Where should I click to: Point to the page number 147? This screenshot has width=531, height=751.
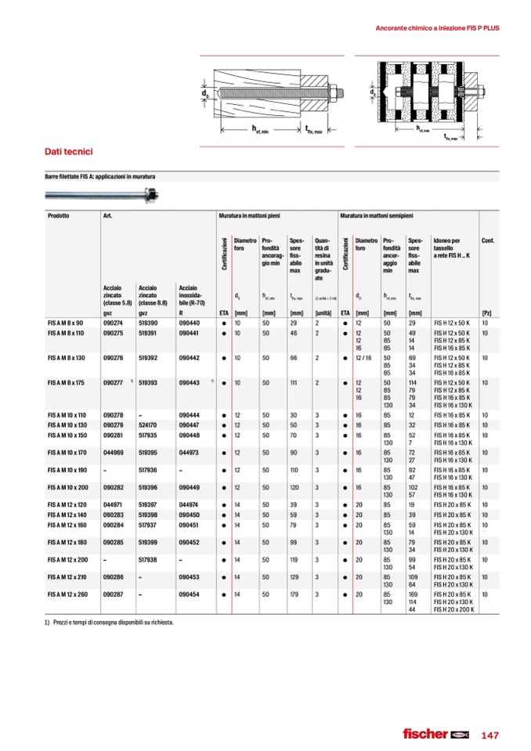(489, 735)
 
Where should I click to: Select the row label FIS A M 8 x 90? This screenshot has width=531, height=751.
(65, 323)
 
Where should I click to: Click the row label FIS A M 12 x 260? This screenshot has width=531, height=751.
(68, 594)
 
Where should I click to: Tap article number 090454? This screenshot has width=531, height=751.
(189, 594)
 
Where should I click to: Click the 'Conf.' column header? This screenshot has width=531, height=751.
(487, 240)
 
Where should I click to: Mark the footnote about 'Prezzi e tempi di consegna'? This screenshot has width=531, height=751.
(110, 623)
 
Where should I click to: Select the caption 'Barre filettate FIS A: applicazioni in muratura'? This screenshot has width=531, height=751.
(100, 178)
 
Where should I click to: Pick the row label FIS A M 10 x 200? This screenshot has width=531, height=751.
(68, 486)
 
